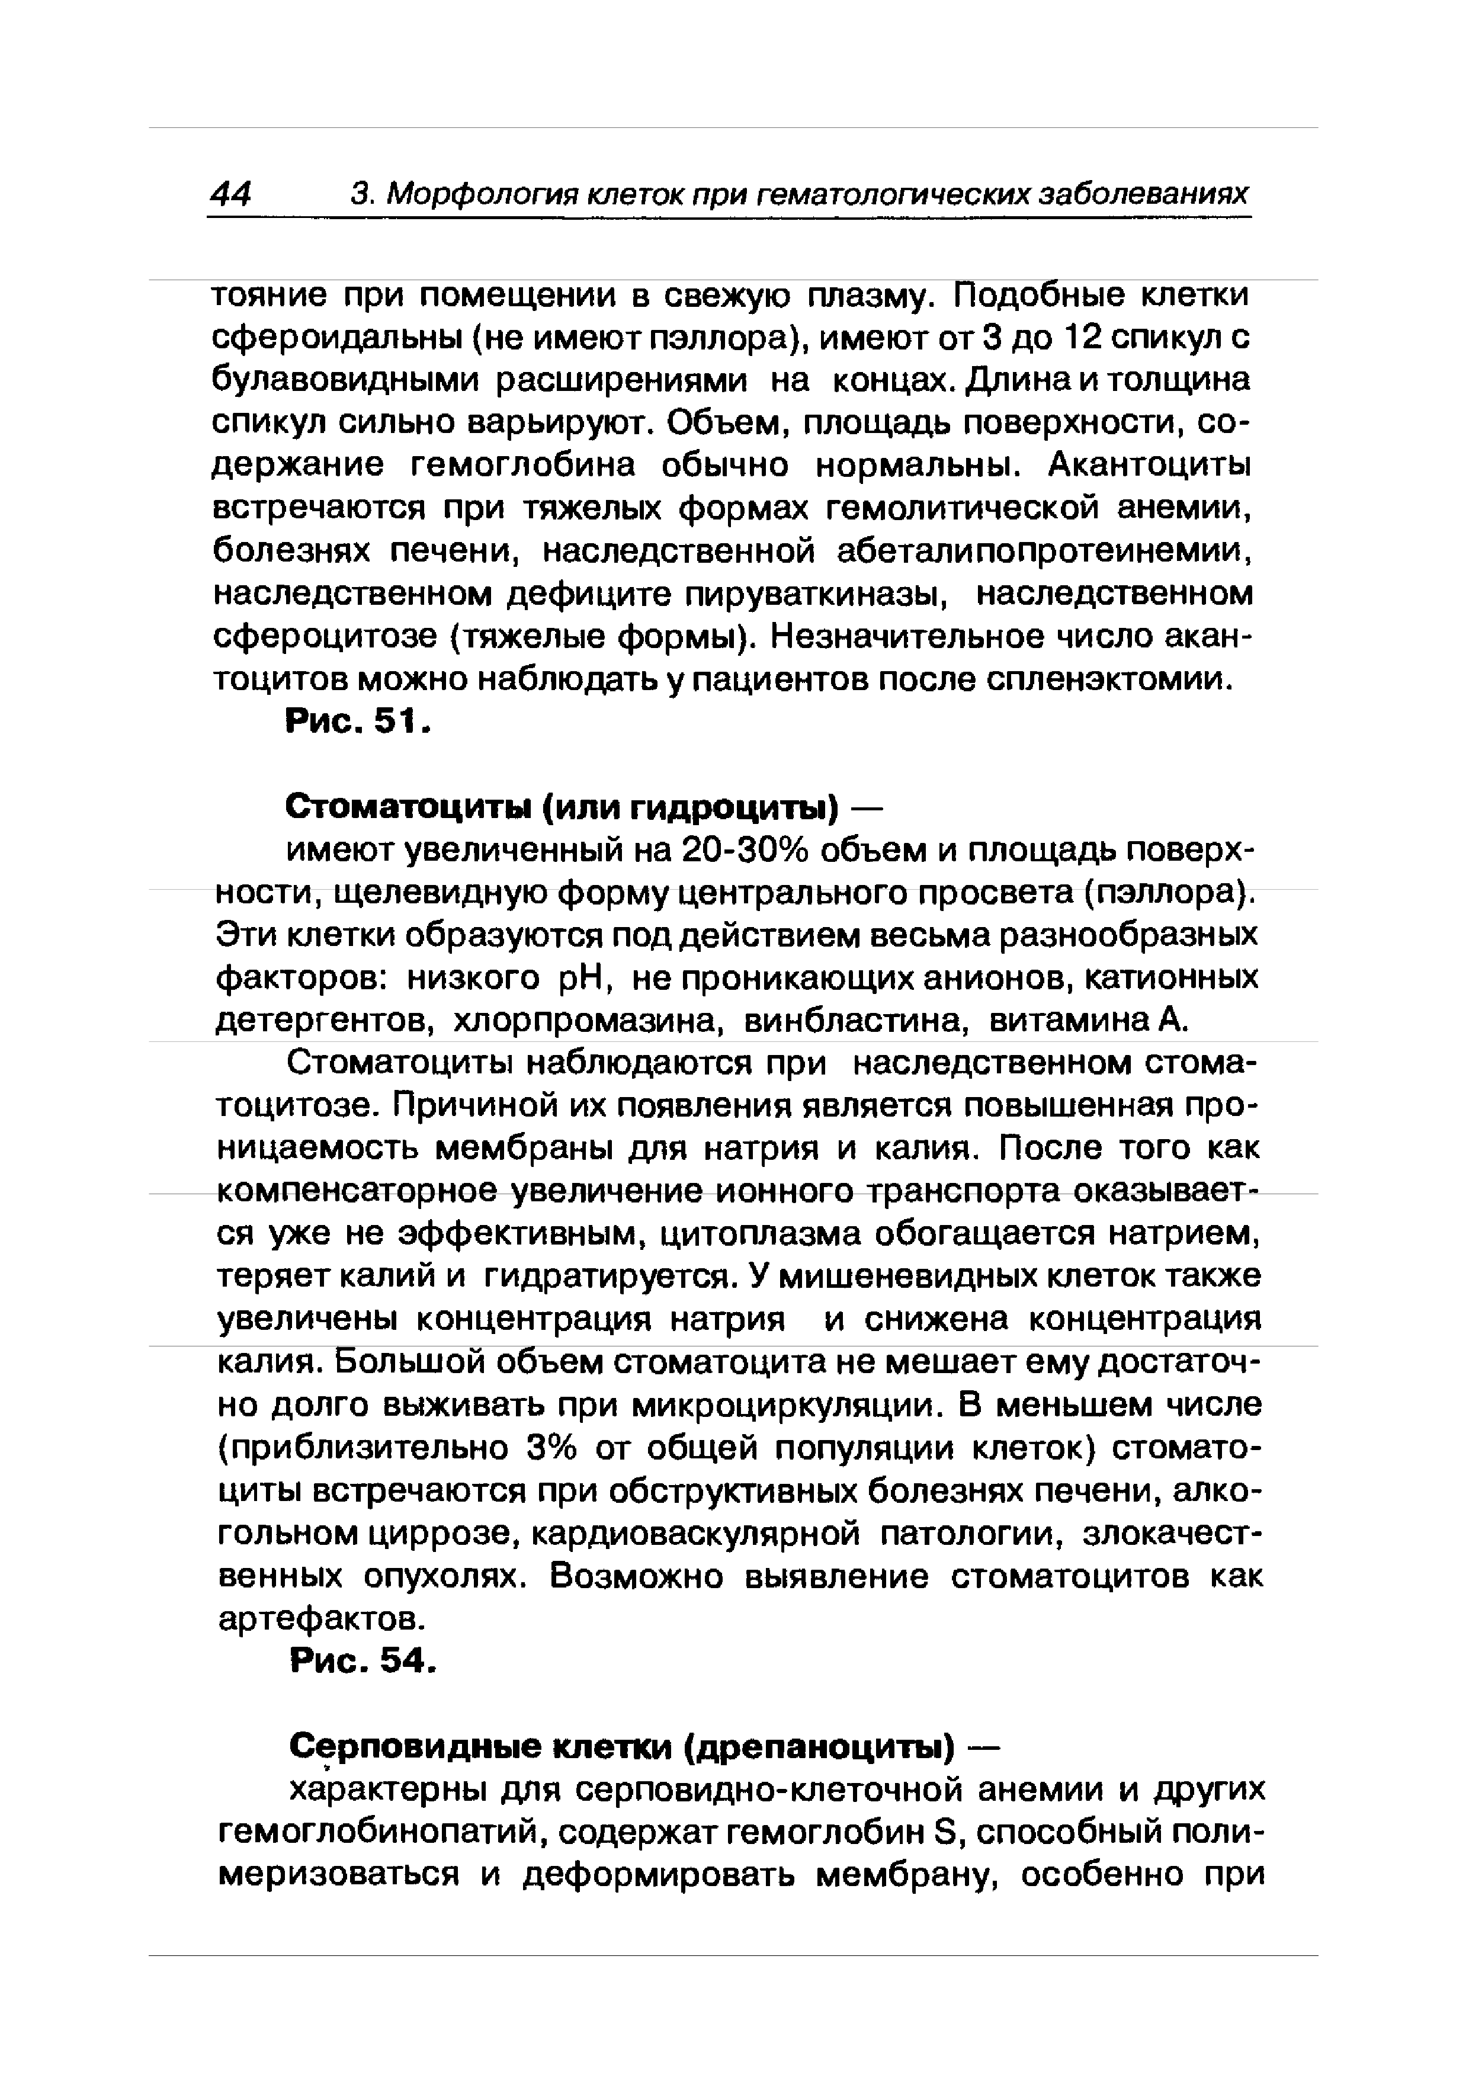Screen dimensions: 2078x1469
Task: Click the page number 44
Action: point(232,194)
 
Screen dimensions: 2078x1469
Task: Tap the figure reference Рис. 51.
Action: point(356,722)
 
